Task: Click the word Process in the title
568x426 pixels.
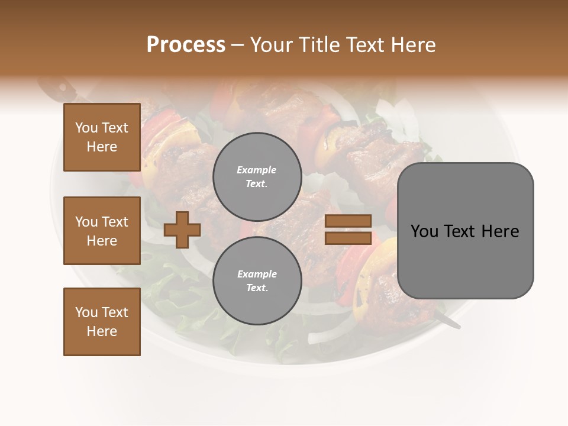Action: pyautogui.click(x=186, y=45)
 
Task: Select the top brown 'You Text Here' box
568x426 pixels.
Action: pyautogui.click(x=102, y=137)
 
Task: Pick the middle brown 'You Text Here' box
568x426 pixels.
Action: pyautogui.click(x=102, y=231)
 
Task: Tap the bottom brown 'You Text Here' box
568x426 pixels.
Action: pyautogui.click(x=102, y=322)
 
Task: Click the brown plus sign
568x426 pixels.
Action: pyautogui.click(x=182, y=230)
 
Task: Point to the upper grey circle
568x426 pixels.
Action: pyautogui.click(x=257, y=177)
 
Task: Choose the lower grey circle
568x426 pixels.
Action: pyautogui.click(x=257, y=281)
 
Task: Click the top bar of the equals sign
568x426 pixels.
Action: pyautogui.click(x=348, y=221)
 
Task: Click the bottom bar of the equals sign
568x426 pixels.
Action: pyautogui.click(x=348, y=238)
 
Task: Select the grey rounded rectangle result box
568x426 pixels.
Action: pyautogui.click(x=465, y=231)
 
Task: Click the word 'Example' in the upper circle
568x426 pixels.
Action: pyautogui.click(x=257, y=170)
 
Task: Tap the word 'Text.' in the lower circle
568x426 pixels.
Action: pyautogui.click(x=257, y=288)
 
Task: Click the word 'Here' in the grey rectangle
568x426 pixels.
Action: pyautogui.click(x=500, y=231)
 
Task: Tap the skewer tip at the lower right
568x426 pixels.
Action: pyautogui.click(x=451, y=322)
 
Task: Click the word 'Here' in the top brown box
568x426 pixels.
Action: pyautogui.click(x=102, y=147)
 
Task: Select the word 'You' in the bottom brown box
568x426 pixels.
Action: pyautogui.click(x=86, y=312)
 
